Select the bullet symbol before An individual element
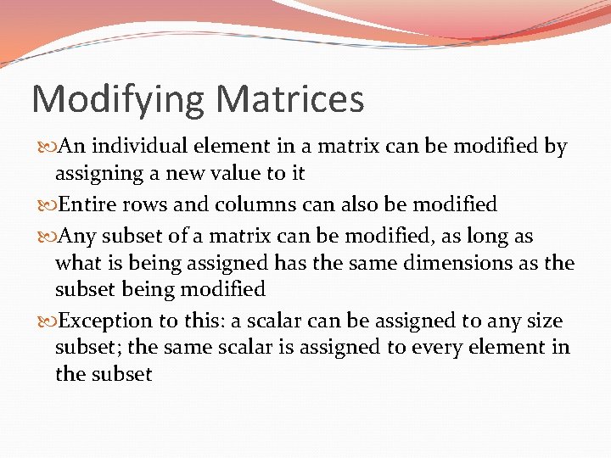point(46,148)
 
